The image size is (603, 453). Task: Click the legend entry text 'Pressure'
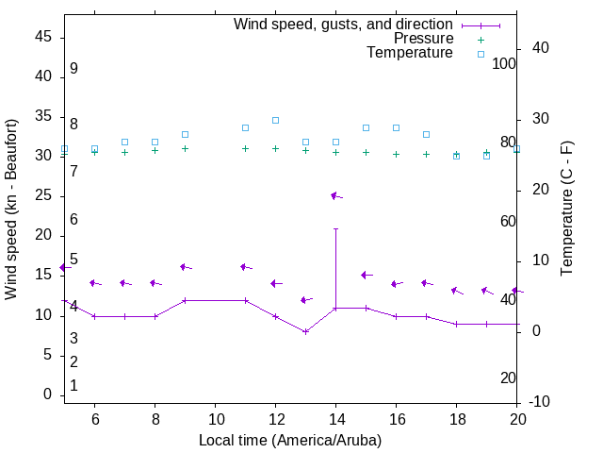(x=423, y=39)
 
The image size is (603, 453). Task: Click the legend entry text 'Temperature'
(x=410, y=53)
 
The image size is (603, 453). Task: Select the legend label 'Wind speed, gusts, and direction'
(x=344, y=25)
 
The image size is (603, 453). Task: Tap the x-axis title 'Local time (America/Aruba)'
(x=290, y=441)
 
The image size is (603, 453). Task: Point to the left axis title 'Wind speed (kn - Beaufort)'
(x=11, y=210)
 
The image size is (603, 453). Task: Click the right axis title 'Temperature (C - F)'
(x=566, y=210)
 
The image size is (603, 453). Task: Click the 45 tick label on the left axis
(x=44, y=36)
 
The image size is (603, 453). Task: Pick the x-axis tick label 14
(x=335, y=418)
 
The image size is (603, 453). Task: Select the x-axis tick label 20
(x=517, y=418)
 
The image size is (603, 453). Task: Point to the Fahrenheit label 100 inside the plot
(x=503, y=64)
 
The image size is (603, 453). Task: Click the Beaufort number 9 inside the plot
(x=73, y=69)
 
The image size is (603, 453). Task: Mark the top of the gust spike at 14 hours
(x=335, y=228)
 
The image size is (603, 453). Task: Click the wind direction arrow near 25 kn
(x=335, y=196)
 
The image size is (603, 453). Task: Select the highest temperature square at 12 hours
(x=275, y=120)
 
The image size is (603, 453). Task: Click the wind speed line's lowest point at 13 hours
(x=305, y=331)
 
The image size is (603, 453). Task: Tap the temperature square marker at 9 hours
(x=185, y=134)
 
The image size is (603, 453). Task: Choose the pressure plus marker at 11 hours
(x=245, y=148)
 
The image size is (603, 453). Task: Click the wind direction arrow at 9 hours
(x=186, y=267)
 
